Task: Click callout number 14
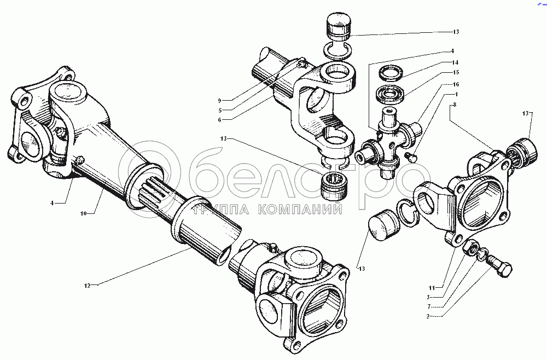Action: pyautogui.click(x=455, y=63)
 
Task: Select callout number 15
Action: pyautogui.click(x=455, y=73)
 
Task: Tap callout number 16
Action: pyautogui.click(x=455, y=84)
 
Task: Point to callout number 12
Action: pyautogui.click(x=87, y=286)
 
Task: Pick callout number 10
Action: pyautogui.click(x=83, y=213)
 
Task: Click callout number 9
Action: pyautogui.click(x=220, y=101)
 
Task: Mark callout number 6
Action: pyautogui.click(x=220, y=120)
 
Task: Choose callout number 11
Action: pyautogui.click(x=432, y=288)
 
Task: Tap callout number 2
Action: pyautogui.click(x=427, y=316)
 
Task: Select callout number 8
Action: pyautogui.click(x=455, y=104)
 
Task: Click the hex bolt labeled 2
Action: pyautogui.click(x=498, y=265)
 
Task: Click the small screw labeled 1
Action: pyautogui.click(x=412, y=156)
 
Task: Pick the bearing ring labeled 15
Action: pyautogui.click(x=390, y=94)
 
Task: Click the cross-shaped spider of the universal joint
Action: pyautogui.click(x=389, y=140)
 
